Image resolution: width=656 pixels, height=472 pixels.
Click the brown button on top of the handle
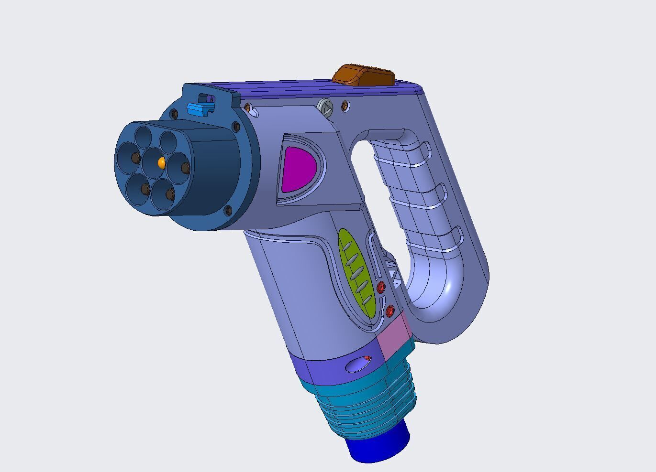[x=364, y=75]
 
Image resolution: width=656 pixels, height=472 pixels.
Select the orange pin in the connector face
[x=161, y=163]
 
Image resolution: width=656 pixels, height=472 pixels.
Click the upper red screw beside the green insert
[x=381, y=287]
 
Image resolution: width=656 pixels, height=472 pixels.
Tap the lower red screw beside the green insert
[x=390, y=311]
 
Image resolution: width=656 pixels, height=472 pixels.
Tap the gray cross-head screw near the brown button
[x=324, y=107]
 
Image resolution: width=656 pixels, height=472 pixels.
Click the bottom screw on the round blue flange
[x=228, y=210]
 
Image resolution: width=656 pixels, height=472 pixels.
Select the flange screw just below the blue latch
[x=174, y=114]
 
